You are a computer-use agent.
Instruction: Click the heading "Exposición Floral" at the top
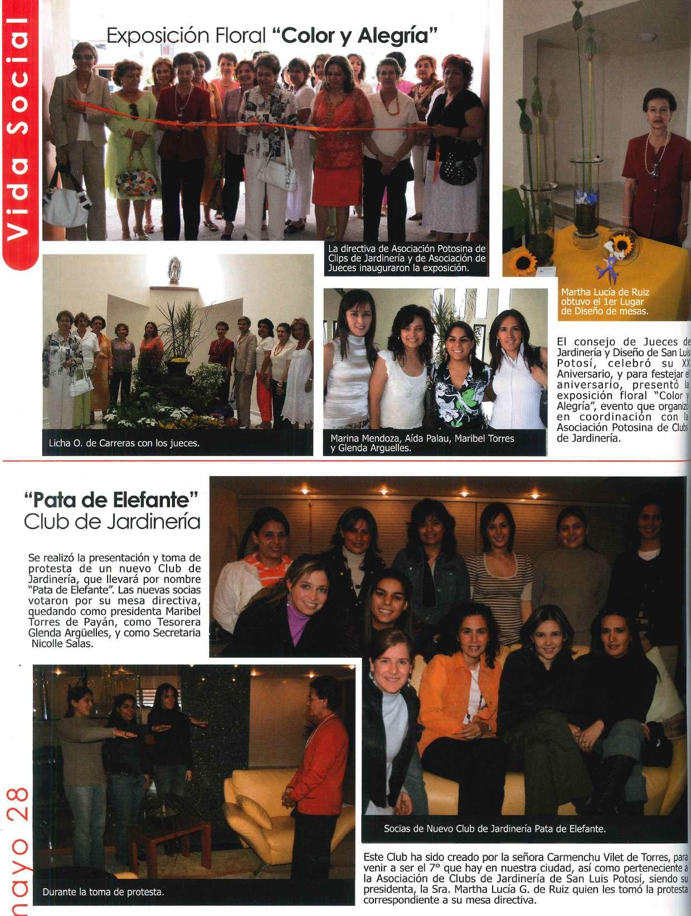point(186,37)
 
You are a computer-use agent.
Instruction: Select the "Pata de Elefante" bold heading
point(112,498)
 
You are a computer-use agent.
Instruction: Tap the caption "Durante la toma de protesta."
point(103,892)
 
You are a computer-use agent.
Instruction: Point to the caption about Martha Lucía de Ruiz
point(605,302)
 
